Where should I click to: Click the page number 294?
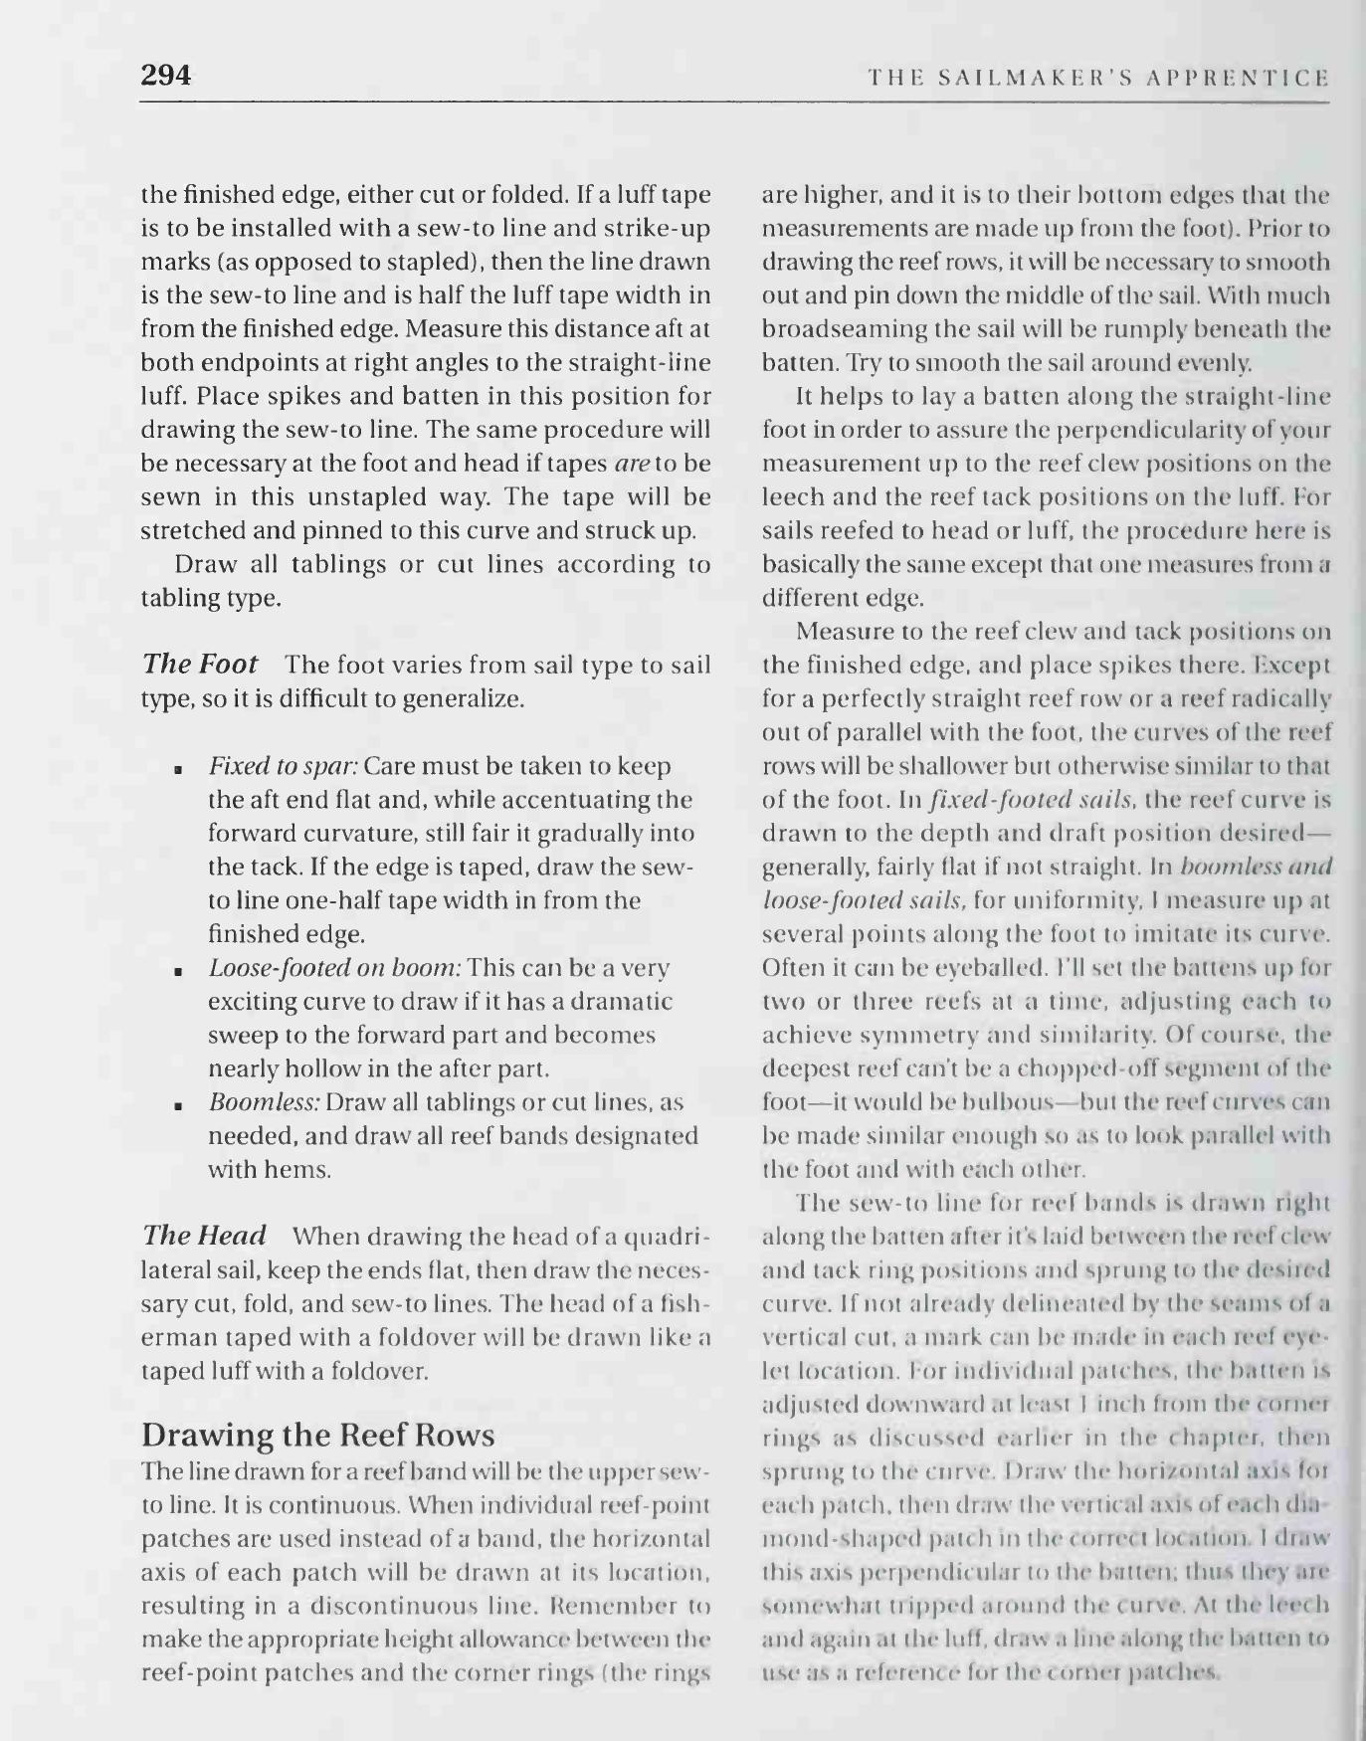click(x=166, y=76)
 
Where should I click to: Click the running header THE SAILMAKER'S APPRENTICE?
click(x=1097, y=78)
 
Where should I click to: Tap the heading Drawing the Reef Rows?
click(x=317, y=1435)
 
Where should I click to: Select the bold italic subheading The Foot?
click(x=200, y=664)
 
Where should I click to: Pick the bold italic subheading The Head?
click(x=204, y=1236)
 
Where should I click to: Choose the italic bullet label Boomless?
click(x=264, y=1102)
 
